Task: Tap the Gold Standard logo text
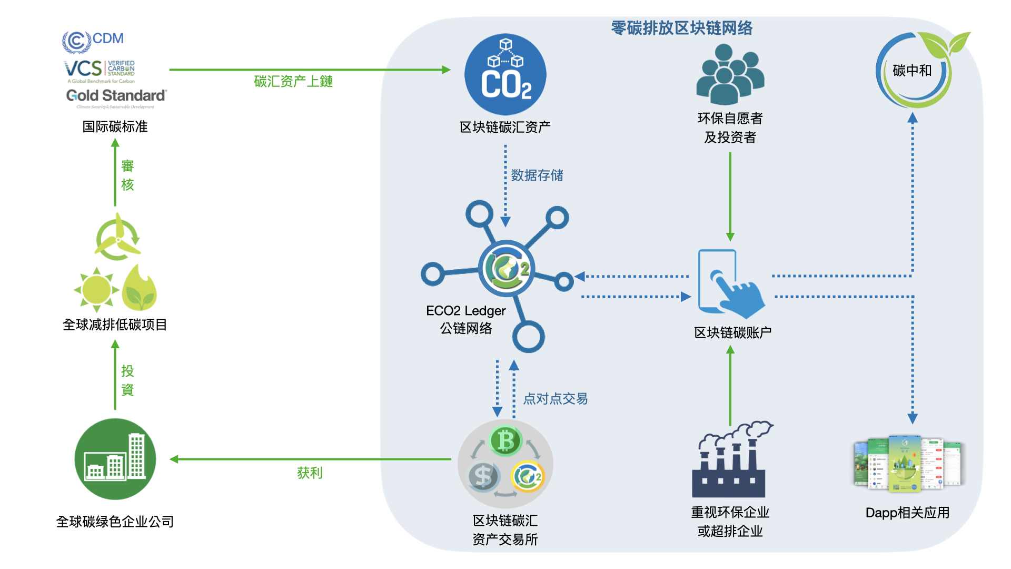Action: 116,96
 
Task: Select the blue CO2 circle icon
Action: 505,74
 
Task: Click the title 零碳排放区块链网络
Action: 681,28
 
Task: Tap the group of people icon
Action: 730,75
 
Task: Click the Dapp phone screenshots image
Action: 907,464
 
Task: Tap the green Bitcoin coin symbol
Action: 505,441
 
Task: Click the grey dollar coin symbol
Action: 483,476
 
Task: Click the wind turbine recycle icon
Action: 117,237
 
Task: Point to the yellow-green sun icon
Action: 96,289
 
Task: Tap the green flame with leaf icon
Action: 140,288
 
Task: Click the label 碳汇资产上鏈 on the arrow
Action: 293,81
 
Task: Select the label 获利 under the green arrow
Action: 310,473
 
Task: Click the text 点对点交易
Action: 555,399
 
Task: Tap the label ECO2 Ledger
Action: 465,311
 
